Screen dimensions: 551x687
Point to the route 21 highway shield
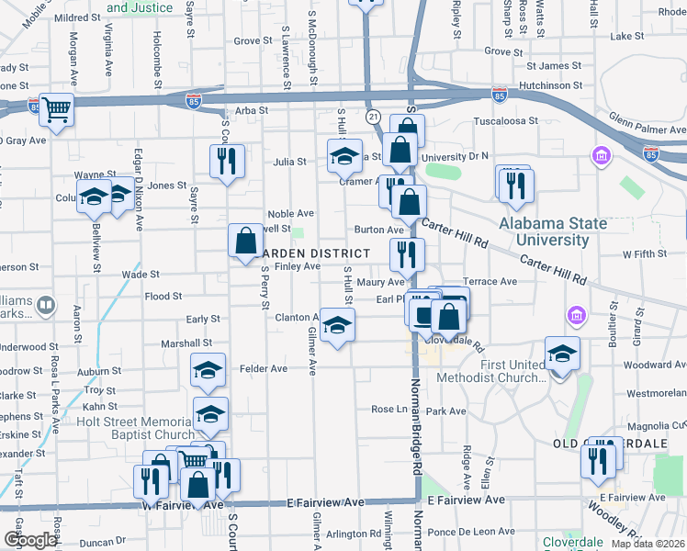coord(373,118)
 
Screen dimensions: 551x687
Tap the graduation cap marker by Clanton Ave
coord(337,325)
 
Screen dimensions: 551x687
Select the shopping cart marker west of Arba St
coord(57,110)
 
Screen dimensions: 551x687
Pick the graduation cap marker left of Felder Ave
coord(208,370)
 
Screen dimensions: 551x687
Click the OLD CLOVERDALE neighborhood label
coord(609,444)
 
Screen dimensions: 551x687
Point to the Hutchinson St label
coord(550,85)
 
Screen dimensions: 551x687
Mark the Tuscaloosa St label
coord(505,121)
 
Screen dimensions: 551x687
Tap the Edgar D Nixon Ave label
coord(138,188)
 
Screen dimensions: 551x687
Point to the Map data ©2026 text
coord(647,544)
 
